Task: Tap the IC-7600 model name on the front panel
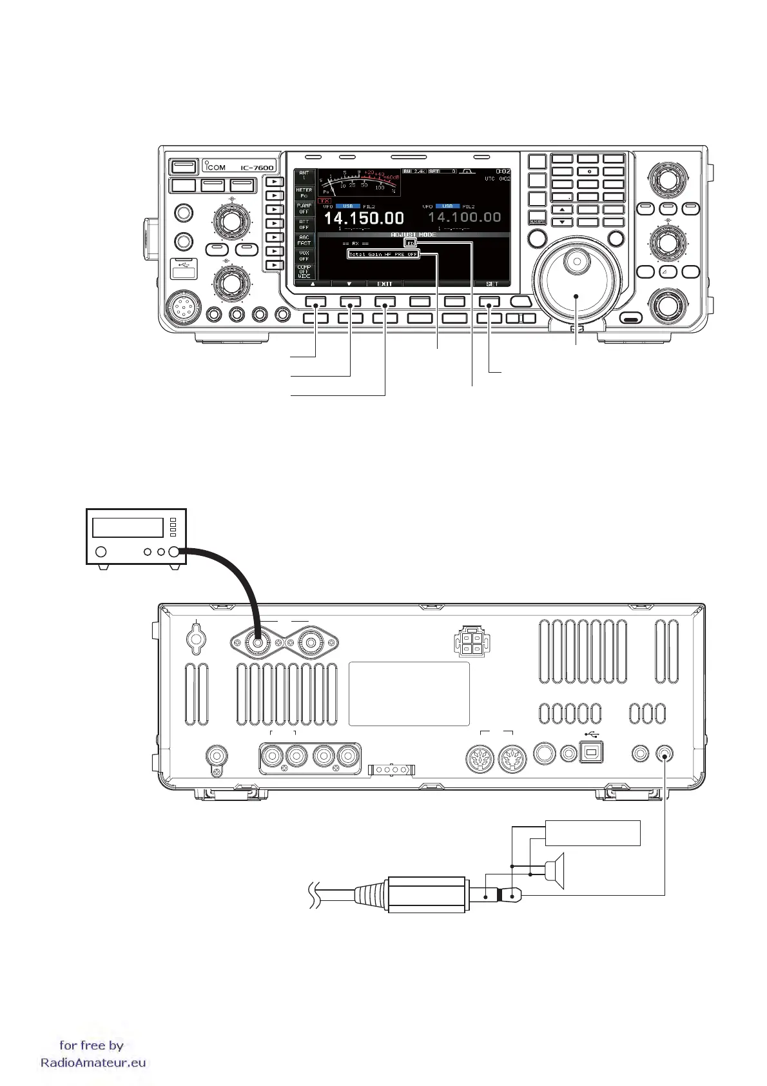(x=257, y=168)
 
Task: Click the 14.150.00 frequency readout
(x=364, y=219)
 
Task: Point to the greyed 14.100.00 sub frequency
(x=464, y=217)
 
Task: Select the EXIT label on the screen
(x=384, y=284)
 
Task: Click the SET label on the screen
(x=491, y=284)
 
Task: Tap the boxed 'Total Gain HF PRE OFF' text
(x=383, y=254)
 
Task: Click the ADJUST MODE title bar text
(x=413, y=235)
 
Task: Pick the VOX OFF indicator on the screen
(x=304, y=255)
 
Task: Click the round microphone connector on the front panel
(x=182, y=310)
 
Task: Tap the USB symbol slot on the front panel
(x=183, y=268)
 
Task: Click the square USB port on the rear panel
(x=592, y=753)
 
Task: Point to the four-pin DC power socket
(x=472, y=643)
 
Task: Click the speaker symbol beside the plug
(x=555, y=871)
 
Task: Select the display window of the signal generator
(x=128, y=528)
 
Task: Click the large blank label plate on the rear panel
(x=409, y=694)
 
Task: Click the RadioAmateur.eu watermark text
(x=93, y=1063)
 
